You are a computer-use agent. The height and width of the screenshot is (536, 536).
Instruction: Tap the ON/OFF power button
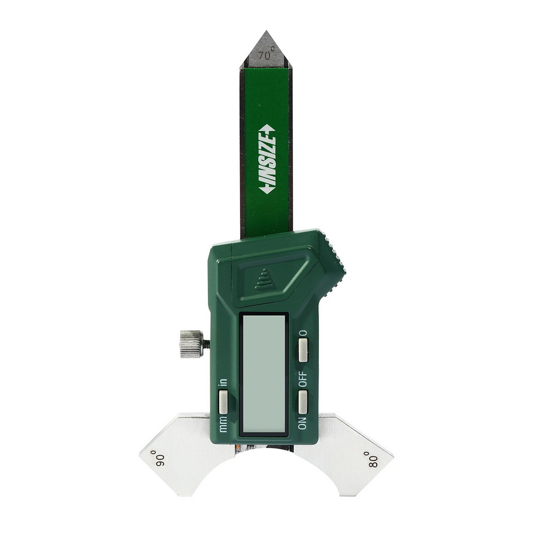tap(303, 401)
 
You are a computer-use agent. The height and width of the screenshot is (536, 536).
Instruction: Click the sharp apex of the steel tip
tap(266, 31)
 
